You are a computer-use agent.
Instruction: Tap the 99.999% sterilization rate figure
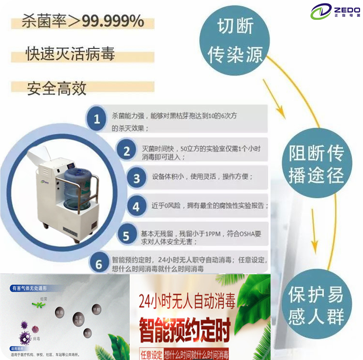tap(112, 21)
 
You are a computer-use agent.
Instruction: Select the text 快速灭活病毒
tap(70, 54)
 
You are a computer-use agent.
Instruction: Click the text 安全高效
tap(57, 88)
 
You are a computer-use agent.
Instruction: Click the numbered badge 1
tap(97, 119)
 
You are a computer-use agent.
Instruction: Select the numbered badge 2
tap(126, 151)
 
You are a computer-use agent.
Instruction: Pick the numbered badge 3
tap(136, 179)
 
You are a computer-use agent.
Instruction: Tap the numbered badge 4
tap(136, 207)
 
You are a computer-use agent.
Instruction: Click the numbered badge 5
tap(126, 236)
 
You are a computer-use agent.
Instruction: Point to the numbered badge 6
tap(99, 264)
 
